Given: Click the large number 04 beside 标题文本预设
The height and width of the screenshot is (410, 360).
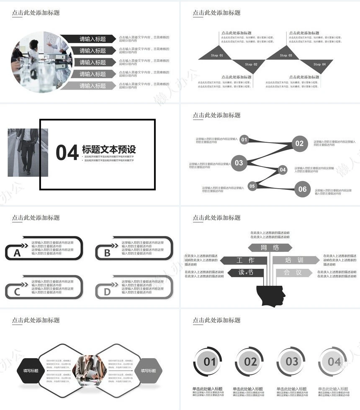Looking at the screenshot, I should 67,153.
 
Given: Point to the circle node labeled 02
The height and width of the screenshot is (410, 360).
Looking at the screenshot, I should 299,143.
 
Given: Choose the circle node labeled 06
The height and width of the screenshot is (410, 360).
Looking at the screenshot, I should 302,189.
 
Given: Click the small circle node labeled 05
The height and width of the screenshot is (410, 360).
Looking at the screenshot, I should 252,186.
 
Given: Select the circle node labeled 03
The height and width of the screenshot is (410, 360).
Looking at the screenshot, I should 239,163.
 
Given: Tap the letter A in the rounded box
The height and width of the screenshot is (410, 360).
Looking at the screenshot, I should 17,253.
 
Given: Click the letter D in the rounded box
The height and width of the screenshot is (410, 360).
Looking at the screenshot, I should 107,292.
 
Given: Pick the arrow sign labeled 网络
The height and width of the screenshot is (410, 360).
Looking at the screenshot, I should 270,248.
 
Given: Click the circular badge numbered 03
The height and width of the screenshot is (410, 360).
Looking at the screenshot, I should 292,361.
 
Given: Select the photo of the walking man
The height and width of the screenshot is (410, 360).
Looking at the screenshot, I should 28,152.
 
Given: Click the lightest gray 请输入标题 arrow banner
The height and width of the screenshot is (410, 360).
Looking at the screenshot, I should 93,86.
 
